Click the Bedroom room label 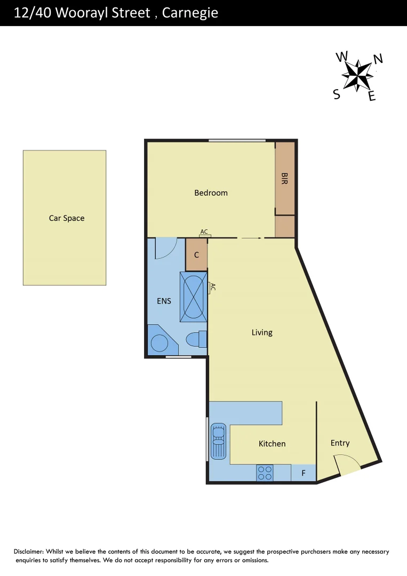tap(211, 193)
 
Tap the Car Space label tap(67, 218)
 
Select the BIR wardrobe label tap(284, 179)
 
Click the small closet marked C tap(196, 255)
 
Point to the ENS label tap(164, 301)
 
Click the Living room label tap(262, 332)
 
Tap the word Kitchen tap(272, 443)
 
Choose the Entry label tap(340, 443)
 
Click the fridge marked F tap(304, 473)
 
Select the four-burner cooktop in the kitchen tap(265, 473)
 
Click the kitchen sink tap(219, 441)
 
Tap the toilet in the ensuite tap(195, 339)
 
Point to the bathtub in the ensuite tap(193, 297)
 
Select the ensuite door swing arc tap(165, 248)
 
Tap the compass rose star tap(357, 75)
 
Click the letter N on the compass tap(378, 59)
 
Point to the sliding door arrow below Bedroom tap(251, 238)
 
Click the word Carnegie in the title tap(190, 13)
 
